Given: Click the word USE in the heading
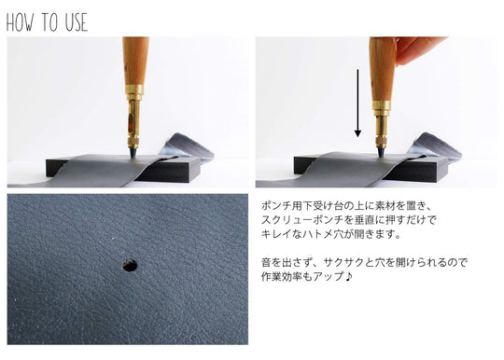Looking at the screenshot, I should click(74, 22).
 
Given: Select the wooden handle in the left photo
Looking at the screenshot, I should click(135, 62).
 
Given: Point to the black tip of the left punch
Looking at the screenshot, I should click(134, 148).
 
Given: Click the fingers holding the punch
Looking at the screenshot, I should click(420, 48).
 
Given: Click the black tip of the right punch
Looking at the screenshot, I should click(381, 147).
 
